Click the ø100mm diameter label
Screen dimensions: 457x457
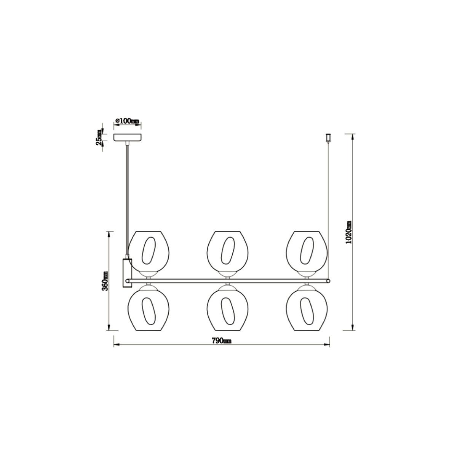127,121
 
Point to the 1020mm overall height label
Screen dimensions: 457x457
348,232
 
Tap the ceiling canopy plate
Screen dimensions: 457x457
127,138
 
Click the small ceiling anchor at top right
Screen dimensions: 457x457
328,138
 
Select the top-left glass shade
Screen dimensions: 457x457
149,251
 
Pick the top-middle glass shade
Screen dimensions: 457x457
227,251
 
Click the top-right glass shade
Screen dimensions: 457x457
307,251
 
